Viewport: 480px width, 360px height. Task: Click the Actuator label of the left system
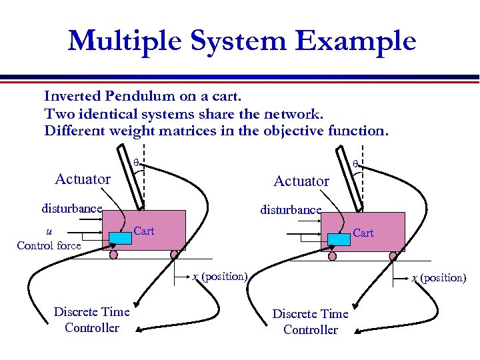pos(83,179)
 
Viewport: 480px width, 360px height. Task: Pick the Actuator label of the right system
pos(301,181)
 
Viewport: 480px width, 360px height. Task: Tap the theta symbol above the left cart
pos(136,162)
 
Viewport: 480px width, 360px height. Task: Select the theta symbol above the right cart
pos(355,163)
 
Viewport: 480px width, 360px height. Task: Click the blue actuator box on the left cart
pos(120,237)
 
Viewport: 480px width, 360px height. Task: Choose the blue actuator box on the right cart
pos(339,239)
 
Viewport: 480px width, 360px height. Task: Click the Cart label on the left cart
pos(144,231)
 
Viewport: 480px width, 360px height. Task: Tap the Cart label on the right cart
pos(363,233)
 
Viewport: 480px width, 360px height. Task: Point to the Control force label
pos(49,245)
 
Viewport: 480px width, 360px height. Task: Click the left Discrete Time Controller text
pos(92,319)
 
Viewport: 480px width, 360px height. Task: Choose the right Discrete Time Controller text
pos(311,321)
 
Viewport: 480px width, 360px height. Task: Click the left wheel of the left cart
pos(113,255)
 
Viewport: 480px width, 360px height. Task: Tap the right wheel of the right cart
pos(393,255)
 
